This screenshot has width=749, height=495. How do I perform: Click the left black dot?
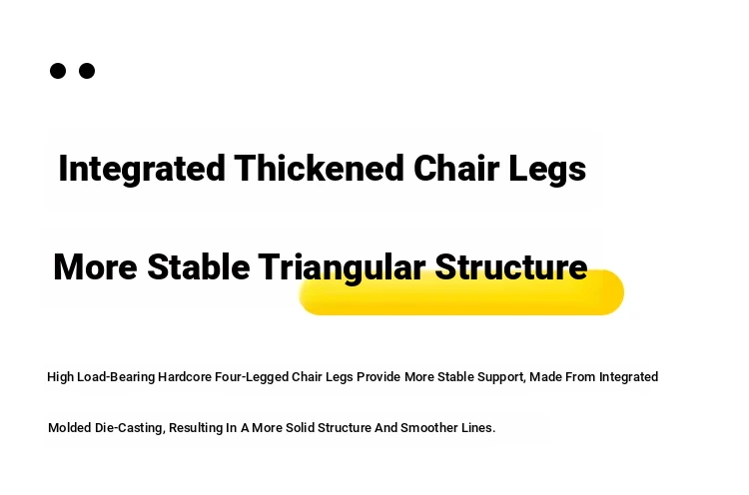[x=58, y=71]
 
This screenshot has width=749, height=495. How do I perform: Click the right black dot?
[x=87, y=71]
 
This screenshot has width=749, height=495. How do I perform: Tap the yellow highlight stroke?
[x=461, y=292]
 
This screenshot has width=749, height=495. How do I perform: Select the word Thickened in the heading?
[x=320, y=169]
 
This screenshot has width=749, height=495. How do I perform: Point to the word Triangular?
[x=342, y=267]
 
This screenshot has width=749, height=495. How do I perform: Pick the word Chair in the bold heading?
[x=456, y=168]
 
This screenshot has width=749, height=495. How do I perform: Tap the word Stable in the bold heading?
[x=199, y=266]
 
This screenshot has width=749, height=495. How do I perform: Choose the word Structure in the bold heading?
[x=511, y=266]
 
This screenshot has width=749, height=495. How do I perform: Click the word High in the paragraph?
[x=60, y=377]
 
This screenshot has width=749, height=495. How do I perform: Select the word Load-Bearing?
[x=116, y=377]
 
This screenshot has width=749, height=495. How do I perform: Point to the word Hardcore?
[x=185, y=376]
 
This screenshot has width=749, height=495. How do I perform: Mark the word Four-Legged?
[x=252, y=377]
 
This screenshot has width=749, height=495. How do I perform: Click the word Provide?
[x=378, y=376]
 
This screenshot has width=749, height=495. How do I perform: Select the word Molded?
[x=70, y=428]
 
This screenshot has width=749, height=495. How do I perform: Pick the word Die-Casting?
[x=130, y=428]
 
